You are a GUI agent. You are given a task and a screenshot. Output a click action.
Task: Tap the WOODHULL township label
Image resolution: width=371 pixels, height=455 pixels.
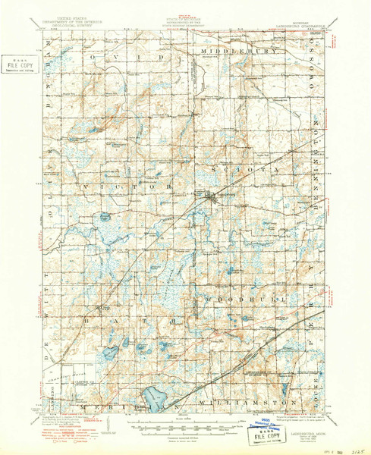pyautogui.click(x=244, y=300)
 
